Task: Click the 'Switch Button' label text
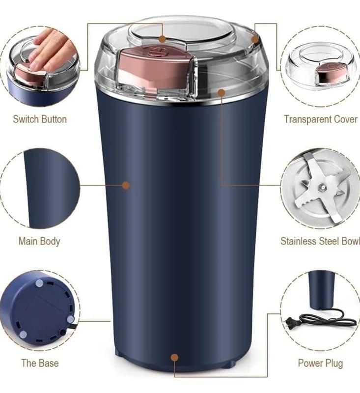(x=40, y=119)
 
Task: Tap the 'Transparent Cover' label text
(x=321, y=119)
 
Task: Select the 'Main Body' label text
(x=39, y=241)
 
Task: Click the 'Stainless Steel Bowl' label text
(x=320, y=241)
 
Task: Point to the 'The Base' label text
(x=40, y=363)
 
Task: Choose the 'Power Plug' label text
(x=320, y=363)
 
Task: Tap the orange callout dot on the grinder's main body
(x=126, y=185)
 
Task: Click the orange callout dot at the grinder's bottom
(x=174, y=358)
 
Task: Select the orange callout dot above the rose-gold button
(x=163, y=39)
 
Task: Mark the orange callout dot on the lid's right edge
(x=255, y=39)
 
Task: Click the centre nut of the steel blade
(x=321, y=187)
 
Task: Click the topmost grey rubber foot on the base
(x=39, y=283)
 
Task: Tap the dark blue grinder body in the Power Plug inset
(x=320, y=289)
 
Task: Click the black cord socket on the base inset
(x=62, y=332)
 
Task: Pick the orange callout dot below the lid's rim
(x=221, y=93)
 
